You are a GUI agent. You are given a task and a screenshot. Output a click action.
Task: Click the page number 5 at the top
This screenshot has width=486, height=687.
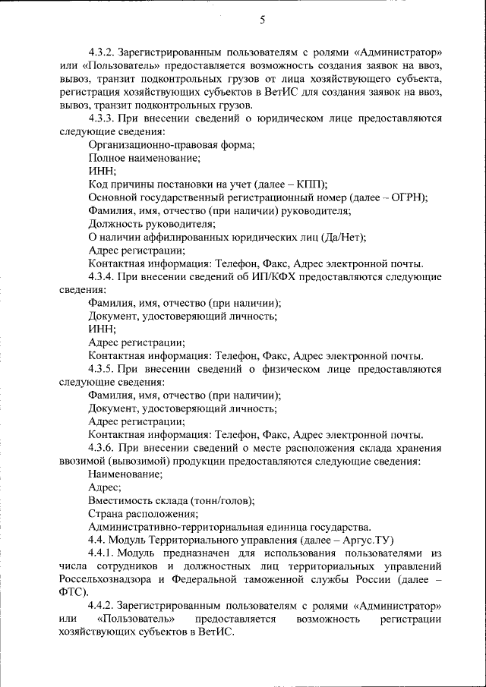263,20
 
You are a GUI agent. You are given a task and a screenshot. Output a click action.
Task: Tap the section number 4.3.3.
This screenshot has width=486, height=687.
103,119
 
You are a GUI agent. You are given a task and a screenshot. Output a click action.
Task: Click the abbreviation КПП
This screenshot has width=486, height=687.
311,184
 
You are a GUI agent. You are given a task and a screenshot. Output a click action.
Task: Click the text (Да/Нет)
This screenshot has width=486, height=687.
343,237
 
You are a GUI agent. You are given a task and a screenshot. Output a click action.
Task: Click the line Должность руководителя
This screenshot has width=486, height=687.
151,223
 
